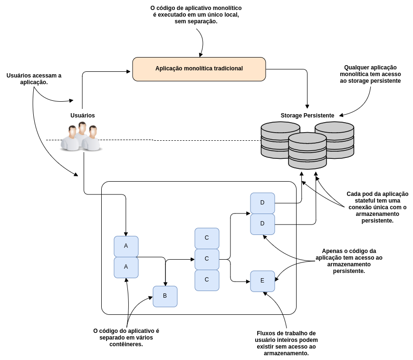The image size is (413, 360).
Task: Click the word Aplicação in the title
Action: coord(169,68)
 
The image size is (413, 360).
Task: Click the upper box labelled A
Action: coord(126,246)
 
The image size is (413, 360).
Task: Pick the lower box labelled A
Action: coord(126,267)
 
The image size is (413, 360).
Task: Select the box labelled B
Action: coord(165,296)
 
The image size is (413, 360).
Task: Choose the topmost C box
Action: coord(207,238)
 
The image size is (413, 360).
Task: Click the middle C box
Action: coord(207,259)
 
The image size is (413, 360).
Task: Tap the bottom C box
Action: coord(207,280)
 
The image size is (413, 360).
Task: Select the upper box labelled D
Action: coord(262,203)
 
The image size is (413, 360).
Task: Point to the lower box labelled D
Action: coord(262,224)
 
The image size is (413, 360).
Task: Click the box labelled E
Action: coord(262,281)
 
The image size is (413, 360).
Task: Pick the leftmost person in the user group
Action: coord(71,139)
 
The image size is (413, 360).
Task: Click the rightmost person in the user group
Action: coord(92,139)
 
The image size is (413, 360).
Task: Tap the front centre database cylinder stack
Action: coord(307,151)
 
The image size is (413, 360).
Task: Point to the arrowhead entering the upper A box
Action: coord(126,234)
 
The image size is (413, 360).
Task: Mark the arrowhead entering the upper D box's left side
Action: coord(248,214)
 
